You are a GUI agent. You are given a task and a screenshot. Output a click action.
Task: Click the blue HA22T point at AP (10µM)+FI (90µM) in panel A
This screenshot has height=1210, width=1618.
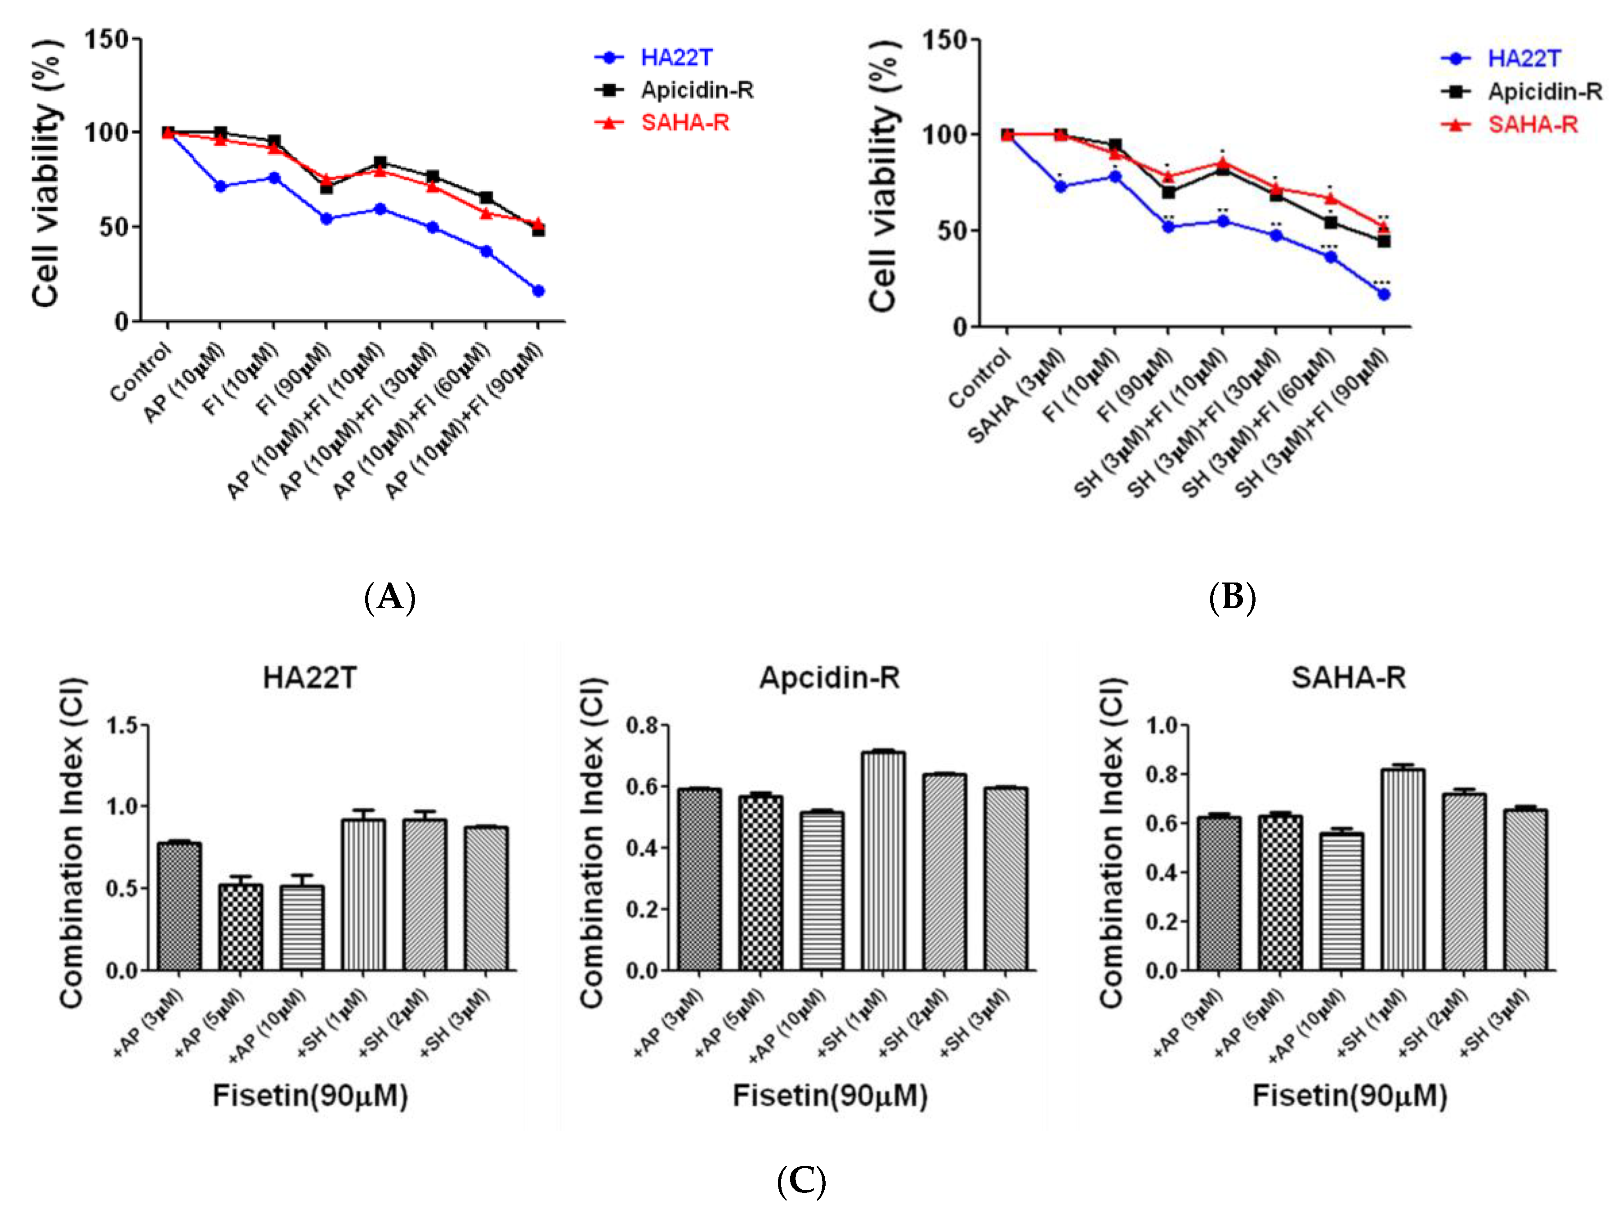[538, 291]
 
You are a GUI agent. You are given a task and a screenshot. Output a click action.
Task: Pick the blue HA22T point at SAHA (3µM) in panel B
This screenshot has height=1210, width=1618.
[1061, 187]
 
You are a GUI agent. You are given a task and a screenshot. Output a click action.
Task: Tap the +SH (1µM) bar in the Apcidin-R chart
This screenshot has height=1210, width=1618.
[883, 860]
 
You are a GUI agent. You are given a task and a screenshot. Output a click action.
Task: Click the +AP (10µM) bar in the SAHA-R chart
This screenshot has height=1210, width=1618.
[1341, 901]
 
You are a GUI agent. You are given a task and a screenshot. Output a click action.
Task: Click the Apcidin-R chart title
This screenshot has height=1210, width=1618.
[830, 678]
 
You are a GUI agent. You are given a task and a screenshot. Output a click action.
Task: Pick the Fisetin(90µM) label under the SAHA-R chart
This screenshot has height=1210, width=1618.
[1350, 1096]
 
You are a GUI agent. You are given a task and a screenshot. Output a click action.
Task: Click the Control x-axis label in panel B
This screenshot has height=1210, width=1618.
[979, 378]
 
